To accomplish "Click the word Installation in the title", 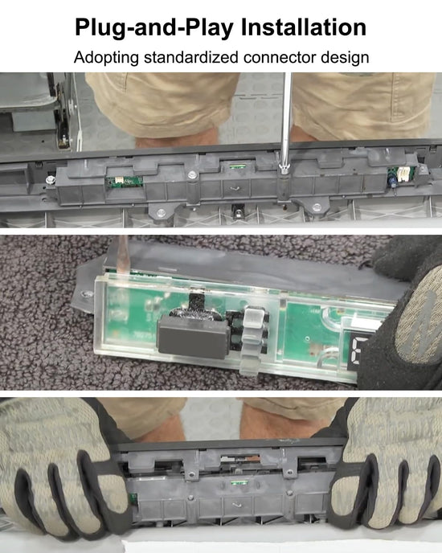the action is (x=304, y=27).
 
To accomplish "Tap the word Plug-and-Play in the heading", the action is (x=154, y=28).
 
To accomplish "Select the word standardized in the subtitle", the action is (x=190, y=57).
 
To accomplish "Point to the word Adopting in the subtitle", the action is (x=106, y=58).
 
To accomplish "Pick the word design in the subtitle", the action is (x=344, y=58).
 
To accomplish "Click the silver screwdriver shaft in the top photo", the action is (x=286, y=120).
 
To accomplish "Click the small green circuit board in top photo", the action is (x=125, y=182).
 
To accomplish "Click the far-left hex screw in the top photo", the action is (x=50, y=179).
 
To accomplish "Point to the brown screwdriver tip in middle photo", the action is (x=121, y=255).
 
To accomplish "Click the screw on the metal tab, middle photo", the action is (x=86, y=294).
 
